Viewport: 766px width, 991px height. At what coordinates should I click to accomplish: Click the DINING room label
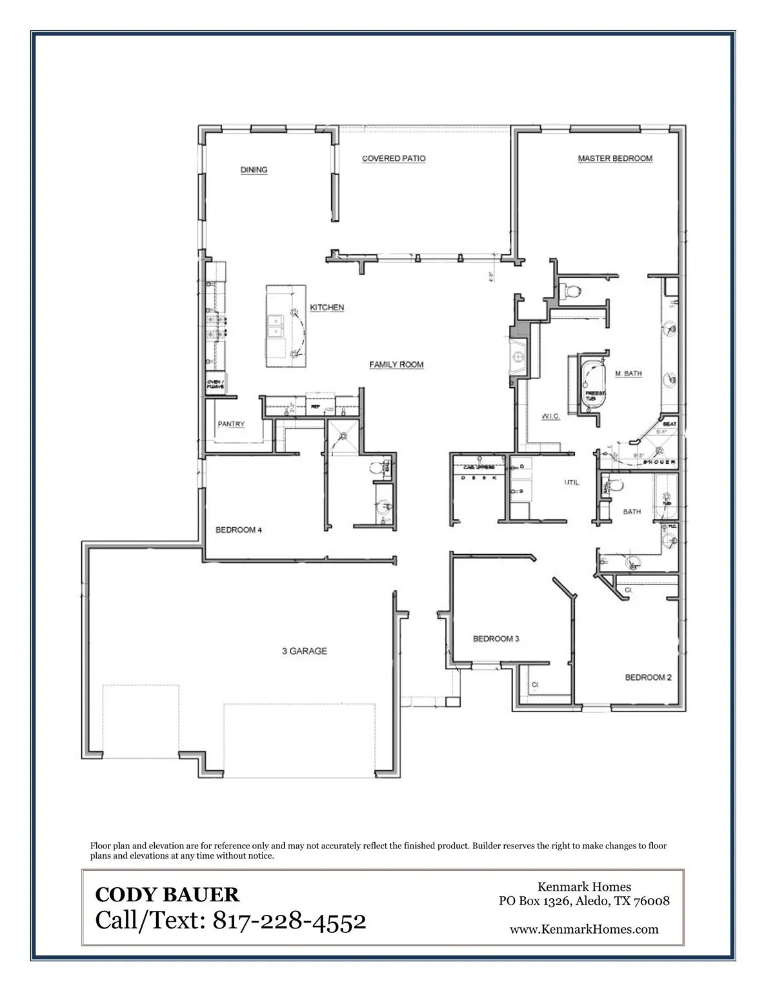click(x=254, y=170)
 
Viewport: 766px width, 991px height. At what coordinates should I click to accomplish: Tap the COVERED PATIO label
click(x=393, y=158)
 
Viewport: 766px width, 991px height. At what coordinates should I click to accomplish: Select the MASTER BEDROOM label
click(x=614, y=158)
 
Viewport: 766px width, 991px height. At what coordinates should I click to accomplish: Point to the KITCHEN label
click(x=327, y=308)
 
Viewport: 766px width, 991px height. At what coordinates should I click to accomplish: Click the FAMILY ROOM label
click(x=396, y=365)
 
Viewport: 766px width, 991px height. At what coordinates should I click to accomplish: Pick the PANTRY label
click(x=230, y=424)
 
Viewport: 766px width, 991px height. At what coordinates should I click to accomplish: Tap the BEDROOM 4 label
click(x=238, y=530)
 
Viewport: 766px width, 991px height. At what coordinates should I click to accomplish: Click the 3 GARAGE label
click(x=304, y=651)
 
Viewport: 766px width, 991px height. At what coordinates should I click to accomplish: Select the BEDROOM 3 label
click(x=496, y=639)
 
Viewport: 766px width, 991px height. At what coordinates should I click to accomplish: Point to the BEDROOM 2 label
click(x=648, y=677)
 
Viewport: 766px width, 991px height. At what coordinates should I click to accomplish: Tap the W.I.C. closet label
click(x=550, y=417)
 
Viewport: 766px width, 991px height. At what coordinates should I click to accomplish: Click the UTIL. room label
click(x=572, y=482)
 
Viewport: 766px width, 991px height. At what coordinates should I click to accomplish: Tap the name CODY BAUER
click(x=166, y=894)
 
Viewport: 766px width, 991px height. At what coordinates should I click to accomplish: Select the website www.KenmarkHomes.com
click(x=583, y=929)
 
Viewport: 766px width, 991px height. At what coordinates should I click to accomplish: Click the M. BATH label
click(x=628, y=374)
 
